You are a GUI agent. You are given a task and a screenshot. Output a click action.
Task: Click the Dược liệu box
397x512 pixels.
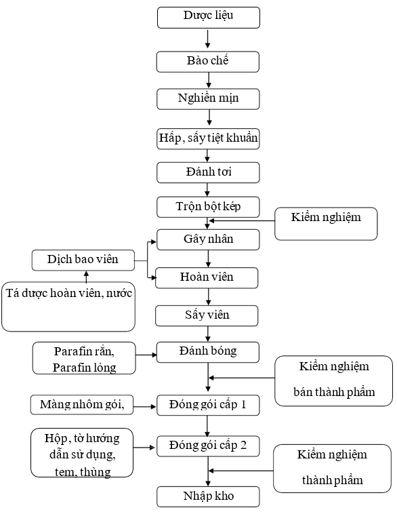tap(209, 18)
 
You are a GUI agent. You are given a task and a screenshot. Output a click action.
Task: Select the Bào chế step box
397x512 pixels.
tap(208, 62)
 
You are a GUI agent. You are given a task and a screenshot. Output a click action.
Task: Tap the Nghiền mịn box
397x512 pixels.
tap(208, 99)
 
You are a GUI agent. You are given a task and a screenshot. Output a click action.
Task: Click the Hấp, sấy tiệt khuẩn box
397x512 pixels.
tap(208, 139)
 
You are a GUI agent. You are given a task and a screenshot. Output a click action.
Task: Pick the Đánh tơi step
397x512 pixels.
tap(208, 173)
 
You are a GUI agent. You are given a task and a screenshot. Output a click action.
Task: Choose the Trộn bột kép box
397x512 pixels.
tap(208, 207)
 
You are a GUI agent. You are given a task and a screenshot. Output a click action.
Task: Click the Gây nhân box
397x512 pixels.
tap(208, 240)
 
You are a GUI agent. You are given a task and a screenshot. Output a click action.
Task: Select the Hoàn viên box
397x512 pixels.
tap(207, 278)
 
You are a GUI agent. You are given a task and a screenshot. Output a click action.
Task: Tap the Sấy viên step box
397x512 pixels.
tap(207, 316)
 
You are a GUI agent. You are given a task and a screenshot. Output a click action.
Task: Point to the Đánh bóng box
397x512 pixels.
tap(208, 353)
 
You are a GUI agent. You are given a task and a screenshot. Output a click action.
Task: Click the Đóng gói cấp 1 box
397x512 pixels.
tap(208, 406)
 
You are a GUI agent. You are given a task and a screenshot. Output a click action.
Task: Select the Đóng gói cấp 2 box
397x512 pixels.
tap(208, 446)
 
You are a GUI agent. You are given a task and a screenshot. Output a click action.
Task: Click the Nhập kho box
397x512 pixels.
tap(208, 496)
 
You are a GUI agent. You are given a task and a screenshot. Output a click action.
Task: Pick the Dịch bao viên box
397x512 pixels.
tap(83, 260)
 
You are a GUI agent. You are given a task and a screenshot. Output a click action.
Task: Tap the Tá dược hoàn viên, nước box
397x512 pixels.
tap(68, 307)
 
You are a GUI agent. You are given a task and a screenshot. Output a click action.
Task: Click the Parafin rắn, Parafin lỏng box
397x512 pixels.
tap(84, 358)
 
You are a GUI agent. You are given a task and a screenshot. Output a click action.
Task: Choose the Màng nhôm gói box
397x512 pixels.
tap(82, 405)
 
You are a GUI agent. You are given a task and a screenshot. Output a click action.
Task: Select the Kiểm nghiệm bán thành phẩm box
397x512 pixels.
tap(334, 381)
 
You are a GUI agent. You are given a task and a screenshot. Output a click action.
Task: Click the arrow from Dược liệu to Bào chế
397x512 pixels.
tap(207, 39)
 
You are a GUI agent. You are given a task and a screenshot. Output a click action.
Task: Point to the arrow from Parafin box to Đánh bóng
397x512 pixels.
tap(146, 355)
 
